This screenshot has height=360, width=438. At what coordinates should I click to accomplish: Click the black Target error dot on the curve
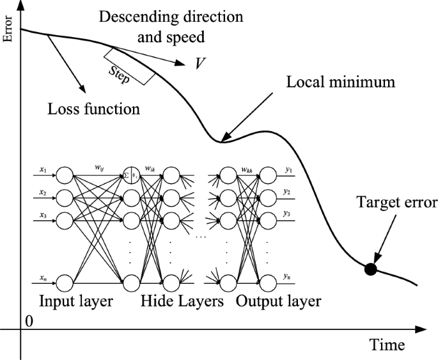click(370, 269)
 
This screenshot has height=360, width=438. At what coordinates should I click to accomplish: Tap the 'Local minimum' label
click(342, 82)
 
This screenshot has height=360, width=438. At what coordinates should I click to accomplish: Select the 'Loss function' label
click(94, 108)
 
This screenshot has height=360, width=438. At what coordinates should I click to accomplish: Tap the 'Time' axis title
click(387, 345)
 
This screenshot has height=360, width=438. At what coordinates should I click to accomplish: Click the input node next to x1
click(65, 173)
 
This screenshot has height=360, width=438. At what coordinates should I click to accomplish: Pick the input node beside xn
click(65, 281)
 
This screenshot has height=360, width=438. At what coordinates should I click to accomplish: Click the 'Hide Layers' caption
click(182, 301)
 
